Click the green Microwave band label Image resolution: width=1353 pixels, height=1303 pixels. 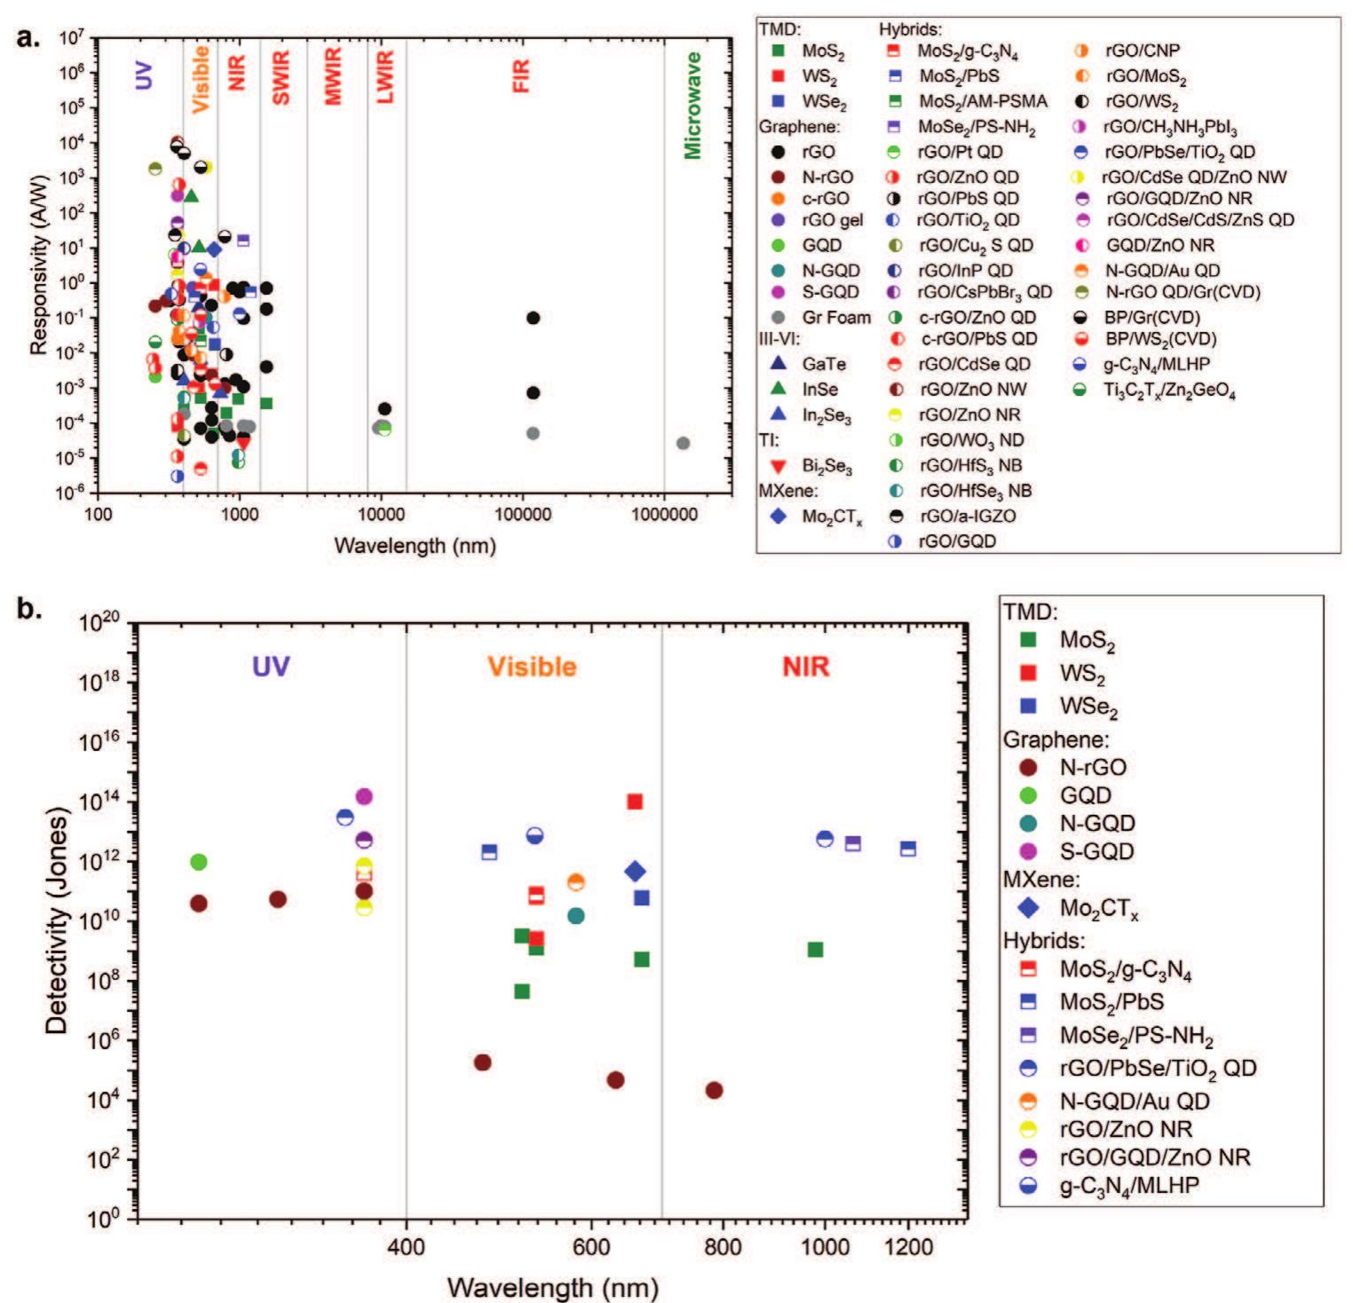(x=692, y=105)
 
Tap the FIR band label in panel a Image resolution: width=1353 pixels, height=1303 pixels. (x=521, y=76)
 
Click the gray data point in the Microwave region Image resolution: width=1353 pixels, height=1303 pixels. (x=683, y=443)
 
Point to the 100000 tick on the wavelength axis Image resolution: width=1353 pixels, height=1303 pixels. (x=522, y=514)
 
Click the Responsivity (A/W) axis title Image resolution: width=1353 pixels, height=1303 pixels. (x=39, y=265)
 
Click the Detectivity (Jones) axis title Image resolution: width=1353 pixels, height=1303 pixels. (x=57, y=920)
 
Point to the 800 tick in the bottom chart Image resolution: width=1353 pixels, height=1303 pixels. (x=723, y=1247)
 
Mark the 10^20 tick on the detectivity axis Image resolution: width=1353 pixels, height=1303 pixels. (x=99, y=623)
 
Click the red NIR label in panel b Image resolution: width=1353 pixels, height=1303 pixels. (x=805, y=667)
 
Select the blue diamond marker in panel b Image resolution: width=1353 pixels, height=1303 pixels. (x=635, y=872)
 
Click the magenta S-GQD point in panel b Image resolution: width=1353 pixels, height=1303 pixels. (x=363, y=797)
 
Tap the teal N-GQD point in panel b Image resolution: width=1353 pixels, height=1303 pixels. (x=575, y=915)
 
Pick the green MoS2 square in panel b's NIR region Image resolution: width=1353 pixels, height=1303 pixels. (x=815, y=950)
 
